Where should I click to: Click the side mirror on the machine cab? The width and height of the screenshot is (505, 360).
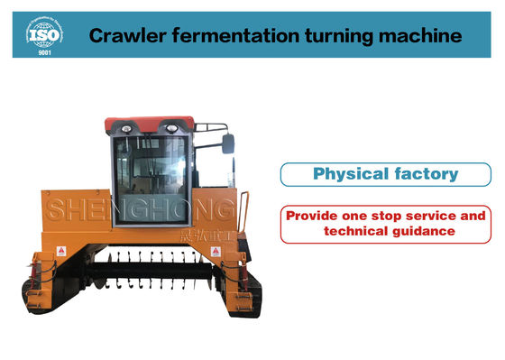[x=227, y=143]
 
